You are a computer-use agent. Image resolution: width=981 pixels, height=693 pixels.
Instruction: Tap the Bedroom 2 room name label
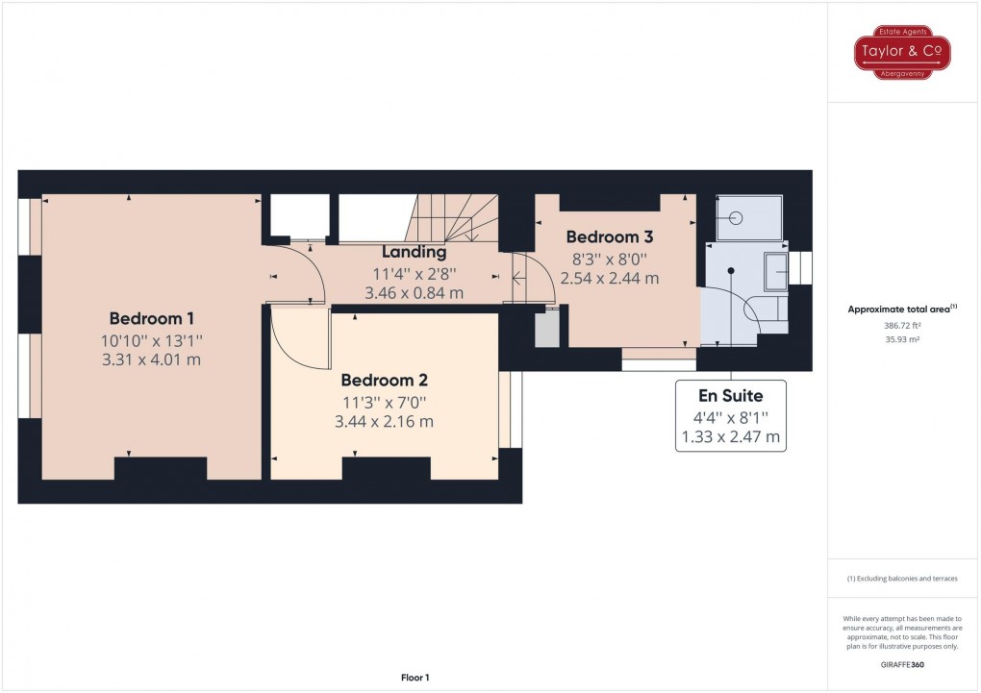(x=383, y=379)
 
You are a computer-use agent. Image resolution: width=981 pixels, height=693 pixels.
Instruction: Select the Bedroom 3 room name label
(x=610, y=236)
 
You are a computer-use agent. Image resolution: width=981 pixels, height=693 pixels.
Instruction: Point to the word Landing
(x=414, y=252)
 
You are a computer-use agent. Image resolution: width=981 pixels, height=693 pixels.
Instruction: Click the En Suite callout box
(x=730, y=416)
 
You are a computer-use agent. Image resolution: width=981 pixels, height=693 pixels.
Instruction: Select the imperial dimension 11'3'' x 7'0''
(x=383, y=401)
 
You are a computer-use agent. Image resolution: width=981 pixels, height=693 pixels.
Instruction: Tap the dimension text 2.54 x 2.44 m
(x=610, y=279)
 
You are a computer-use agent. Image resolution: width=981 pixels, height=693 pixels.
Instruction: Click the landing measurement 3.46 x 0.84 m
(x=414, y=292)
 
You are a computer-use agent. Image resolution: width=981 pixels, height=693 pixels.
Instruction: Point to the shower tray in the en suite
(x=750, y=217)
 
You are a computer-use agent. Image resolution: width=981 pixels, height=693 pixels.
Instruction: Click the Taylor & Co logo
(x=903, y=51)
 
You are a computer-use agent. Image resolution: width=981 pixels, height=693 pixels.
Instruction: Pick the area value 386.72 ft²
(x=903, y=326)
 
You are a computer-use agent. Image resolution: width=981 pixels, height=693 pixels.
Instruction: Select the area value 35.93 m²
(x=903, y=339)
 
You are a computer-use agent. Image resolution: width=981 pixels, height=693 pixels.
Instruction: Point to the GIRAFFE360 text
(x=903, y=664)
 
